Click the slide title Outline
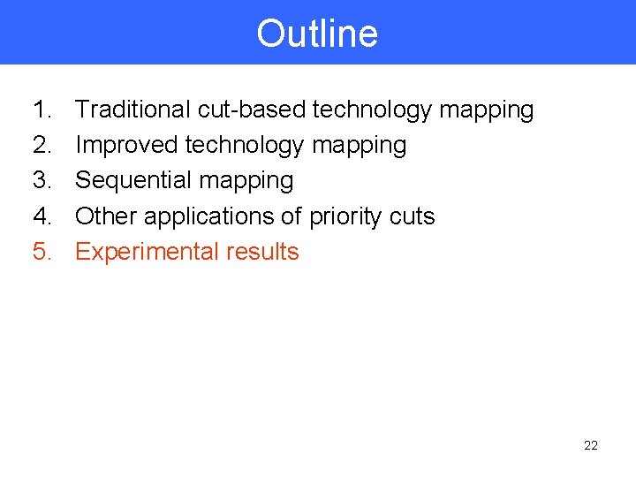click(317, 34)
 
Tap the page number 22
click(591, 445)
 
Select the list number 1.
click(42, 110)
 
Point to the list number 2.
click(42, 145)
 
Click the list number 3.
click(42, 180)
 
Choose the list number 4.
click(42, 216)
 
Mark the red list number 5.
click(42, 251)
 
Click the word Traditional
click(132, 110)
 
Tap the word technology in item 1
click(372, 110)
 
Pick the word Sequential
click(133, 181)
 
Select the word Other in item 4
click(106, 216)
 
